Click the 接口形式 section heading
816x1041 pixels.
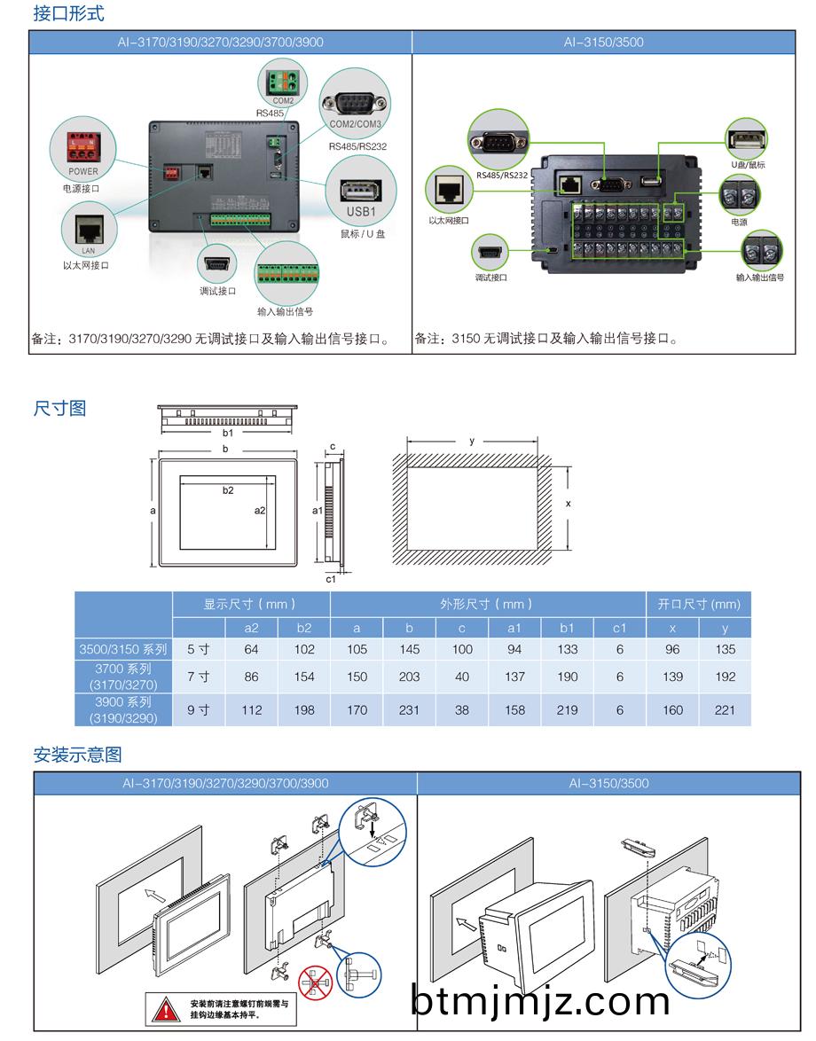click(67, 13)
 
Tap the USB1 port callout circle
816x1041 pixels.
click(361, 195)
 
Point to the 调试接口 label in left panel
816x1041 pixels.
click(217, 291)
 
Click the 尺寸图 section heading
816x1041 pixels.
click(59, 408)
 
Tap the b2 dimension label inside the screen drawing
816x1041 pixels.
click(228, 490)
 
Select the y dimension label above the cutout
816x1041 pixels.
click(472, 441)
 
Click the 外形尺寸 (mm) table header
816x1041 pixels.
click(487, 604)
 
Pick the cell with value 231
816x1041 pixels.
click(409, 709)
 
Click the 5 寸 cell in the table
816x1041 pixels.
click(199, 649)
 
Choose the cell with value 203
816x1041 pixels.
click(409, 677)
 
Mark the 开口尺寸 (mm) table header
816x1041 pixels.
click(698, 604)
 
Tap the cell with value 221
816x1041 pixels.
click(725, 709)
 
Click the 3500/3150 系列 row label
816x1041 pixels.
click(123, 649)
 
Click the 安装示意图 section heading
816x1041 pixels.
click(77, 755)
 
